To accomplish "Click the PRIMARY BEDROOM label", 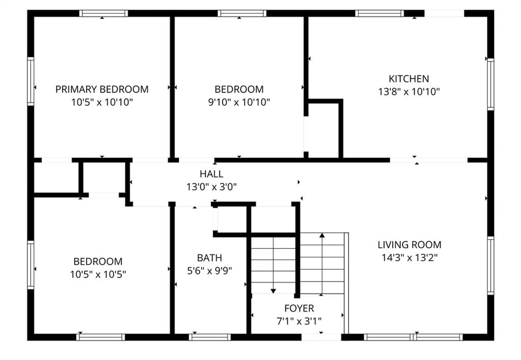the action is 102,89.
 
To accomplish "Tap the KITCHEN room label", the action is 409,79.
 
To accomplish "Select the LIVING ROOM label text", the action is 410,245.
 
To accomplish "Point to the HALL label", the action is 211,174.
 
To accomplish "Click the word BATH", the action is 209,258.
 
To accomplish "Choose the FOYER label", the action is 299,308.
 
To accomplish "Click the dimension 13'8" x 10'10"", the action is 409,92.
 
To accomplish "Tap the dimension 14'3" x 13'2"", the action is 410,258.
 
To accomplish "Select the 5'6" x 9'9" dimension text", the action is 209,271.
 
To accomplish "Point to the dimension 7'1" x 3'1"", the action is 299,321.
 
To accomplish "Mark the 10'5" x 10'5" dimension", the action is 98,274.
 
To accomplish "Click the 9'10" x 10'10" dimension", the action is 239,102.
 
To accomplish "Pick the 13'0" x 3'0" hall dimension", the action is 211,187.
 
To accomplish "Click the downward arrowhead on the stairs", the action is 273,291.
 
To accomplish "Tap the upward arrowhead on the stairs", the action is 322,235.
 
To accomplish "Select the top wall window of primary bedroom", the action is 103,13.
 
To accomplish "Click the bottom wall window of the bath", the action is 210,337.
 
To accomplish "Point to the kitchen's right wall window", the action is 490,84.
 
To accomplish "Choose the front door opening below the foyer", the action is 322,337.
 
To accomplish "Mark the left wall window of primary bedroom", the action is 31,81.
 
